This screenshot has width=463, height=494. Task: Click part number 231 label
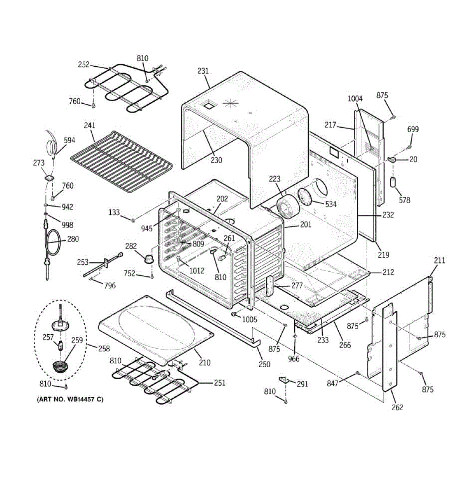pos(203,71)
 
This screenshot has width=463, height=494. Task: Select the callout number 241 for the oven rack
pos(89,126)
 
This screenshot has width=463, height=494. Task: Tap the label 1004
pos(355,98)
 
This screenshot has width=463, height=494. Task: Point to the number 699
pos(413,129)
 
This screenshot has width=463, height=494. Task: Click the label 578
pos(405,200)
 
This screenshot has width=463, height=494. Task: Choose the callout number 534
pos(330,204)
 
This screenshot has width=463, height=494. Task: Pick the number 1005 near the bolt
pos(249,319)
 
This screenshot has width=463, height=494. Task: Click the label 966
pos(294,359)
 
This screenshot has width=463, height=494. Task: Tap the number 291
pos(302,384)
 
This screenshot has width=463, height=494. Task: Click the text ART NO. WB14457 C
pos(70,399)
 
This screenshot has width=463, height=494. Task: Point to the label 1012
pos(197,270)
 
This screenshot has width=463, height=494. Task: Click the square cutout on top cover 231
pos(209,105)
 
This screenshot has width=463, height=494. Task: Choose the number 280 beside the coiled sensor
pos(73,239)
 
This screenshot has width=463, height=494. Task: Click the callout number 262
pos(397,407)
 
